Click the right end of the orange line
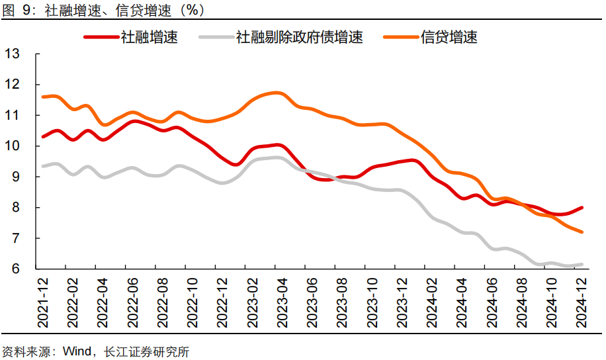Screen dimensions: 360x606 [x=582, y=232]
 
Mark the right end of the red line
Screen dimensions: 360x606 [x=582, y=208]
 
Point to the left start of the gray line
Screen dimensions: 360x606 [x=43, y=166]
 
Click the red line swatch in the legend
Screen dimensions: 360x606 [x=101, y=38]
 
